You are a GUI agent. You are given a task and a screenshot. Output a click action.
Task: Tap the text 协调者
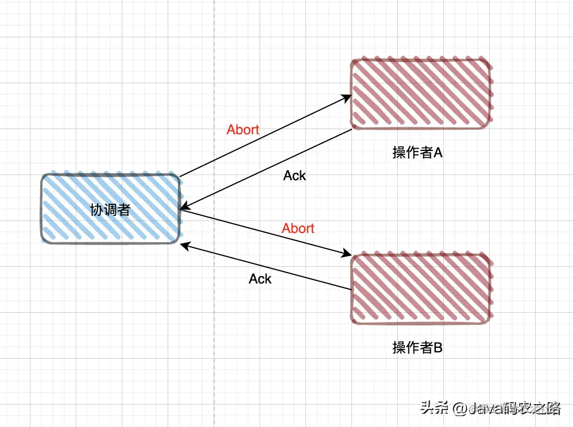click(110, 210)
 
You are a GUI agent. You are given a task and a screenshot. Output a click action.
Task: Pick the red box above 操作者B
click(421, 288)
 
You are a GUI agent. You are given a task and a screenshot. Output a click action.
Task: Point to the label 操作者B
click(417, 348)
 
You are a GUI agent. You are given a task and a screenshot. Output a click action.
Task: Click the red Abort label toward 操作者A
click(243, 130)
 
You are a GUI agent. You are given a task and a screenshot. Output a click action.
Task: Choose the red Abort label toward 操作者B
click(298, 228)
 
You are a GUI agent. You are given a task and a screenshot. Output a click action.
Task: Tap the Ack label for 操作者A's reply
click(295, 176)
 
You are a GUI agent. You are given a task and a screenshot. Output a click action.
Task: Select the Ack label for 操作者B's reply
click(260, 279)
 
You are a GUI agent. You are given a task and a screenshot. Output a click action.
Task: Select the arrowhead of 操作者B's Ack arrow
click(184, 245)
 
